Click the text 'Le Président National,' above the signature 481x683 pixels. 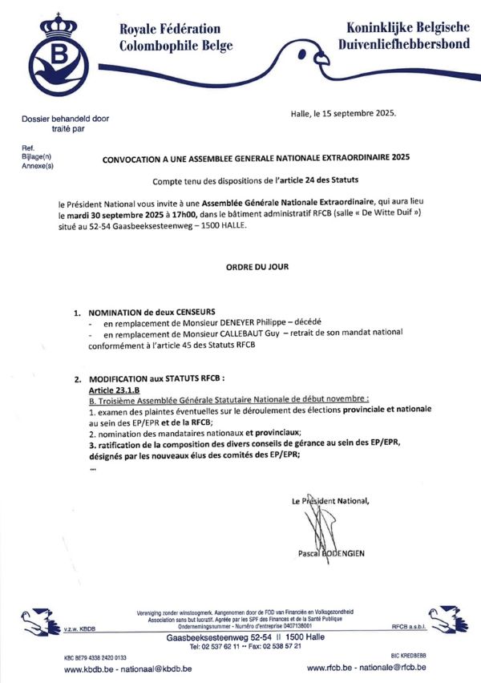[x=330, y=501]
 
